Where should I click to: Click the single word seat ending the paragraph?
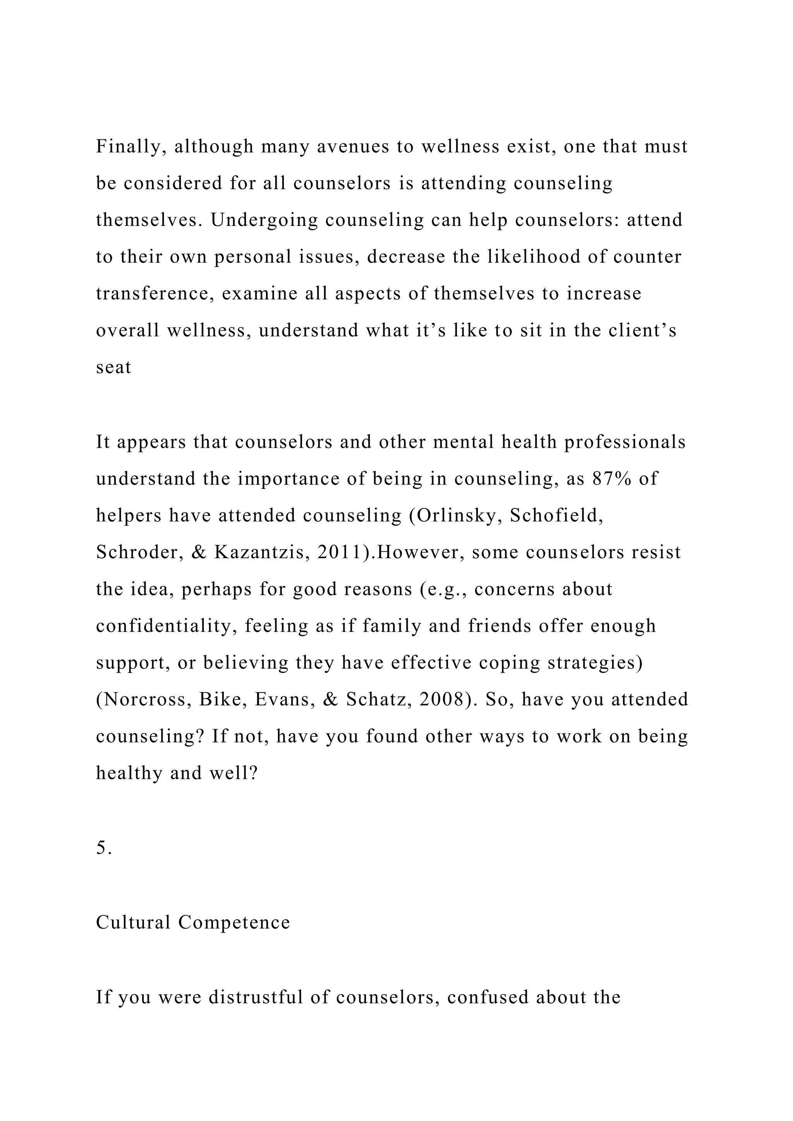[x=113, y=368]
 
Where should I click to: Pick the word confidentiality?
[x=166, y=626]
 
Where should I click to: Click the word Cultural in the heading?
[x=133, y=922]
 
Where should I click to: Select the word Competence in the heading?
[x=234, y=922]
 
